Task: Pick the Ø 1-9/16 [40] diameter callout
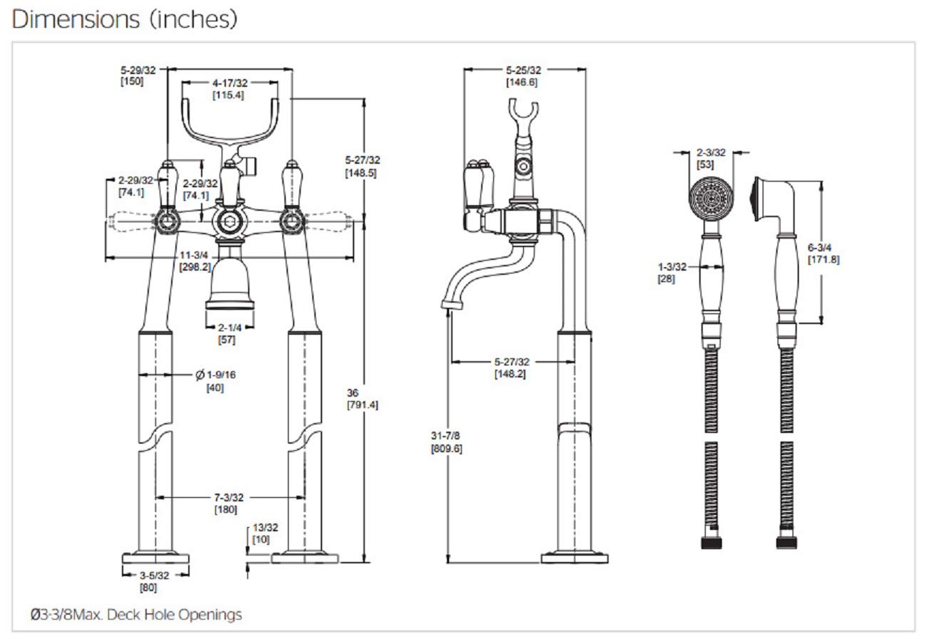(216, 380)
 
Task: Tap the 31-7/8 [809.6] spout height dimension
(446, 442)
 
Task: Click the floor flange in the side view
(574, 557)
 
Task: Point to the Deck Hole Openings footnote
(136, 614)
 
